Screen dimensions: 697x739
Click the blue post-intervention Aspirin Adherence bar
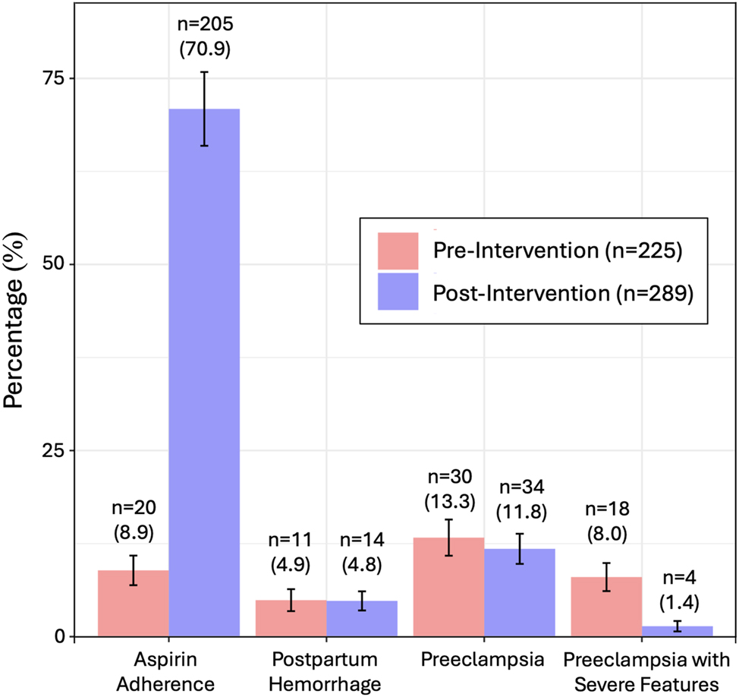204,372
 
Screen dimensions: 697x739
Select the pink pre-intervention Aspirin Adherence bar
134,604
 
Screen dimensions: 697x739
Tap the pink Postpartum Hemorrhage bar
291,619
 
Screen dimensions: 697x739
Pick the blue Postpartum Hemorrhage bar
362,620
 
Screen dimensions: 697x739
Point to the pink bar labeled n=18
606,607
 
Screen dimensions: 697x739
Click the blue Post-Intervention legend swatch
398,292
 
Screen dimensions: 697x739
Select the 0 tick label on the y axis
61,636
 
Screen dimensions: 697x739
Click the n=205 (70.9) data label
204,36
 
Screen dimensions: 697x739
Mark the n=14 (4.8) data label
362,553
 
